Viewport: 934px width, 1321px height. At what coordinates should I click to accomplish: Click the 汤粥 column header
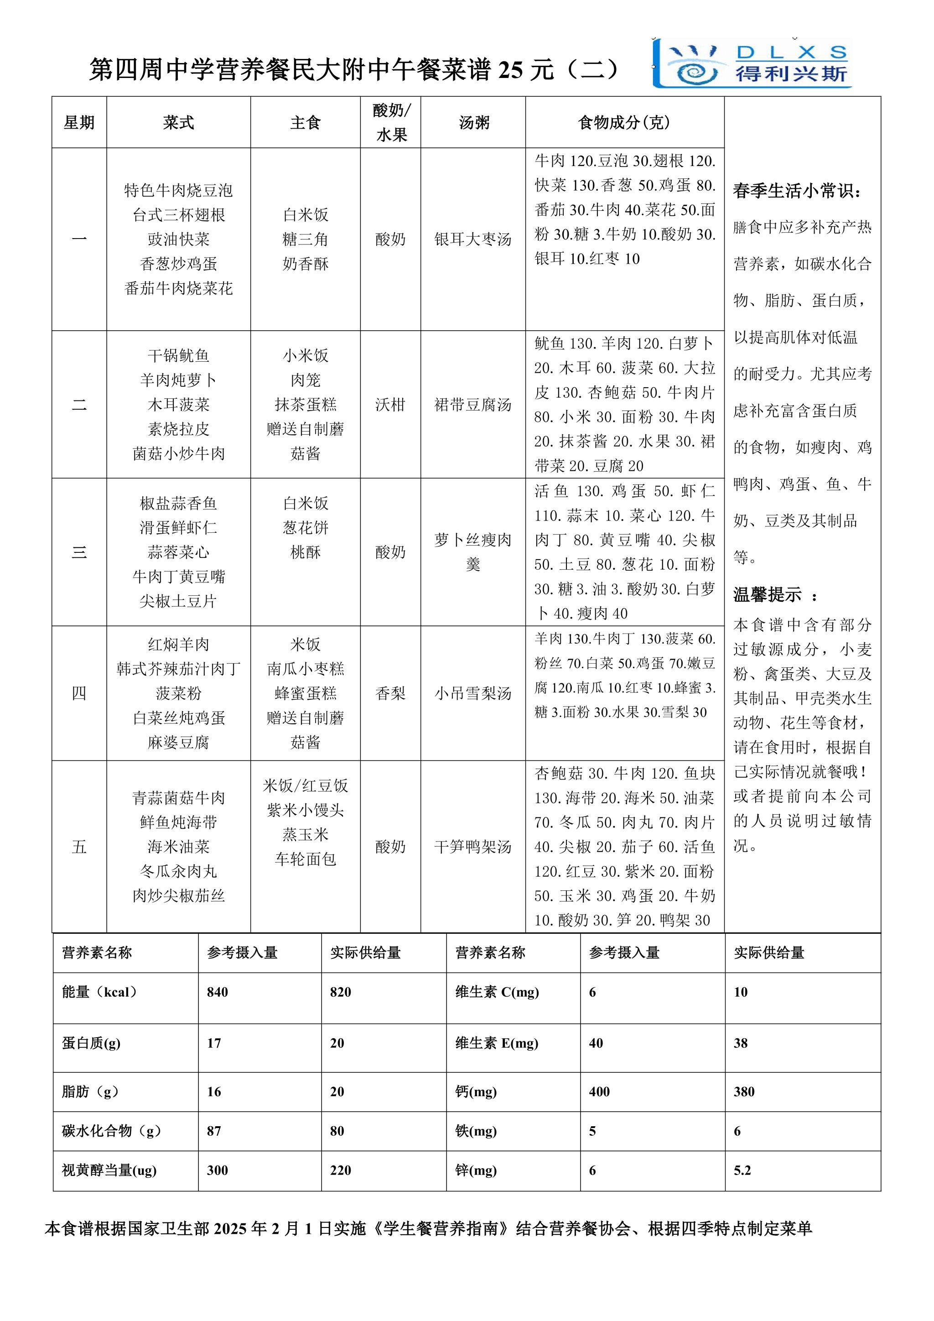pos(473,123)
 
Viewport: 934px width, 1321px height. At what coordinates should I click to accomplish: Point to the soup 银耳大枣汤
pos(473,239)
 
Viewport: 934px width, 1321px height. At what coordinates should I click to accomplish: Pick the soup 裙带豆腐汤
pos(473,405)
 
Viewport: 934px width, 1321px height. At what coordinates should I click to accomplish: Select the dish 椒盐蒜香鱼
pos(178,504)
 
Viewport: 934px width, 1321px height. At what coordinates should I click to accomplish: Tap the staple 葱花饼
pos(306,528)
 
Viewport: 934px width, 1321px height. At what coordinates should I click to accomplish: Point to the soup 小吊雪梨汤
pos(473,693)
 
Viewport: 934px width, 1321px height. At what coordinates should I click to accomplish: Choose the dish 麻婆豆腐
pos(178,742)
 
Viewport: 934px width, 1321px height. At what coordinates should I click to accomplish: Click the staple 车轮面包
pos(306,859)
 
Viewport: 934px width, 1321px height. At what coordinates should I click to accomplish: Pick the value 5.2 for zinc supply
pos(742,1170)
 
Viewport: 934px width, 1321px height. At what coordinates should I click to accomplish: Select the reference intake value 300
pos(218,1170)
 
